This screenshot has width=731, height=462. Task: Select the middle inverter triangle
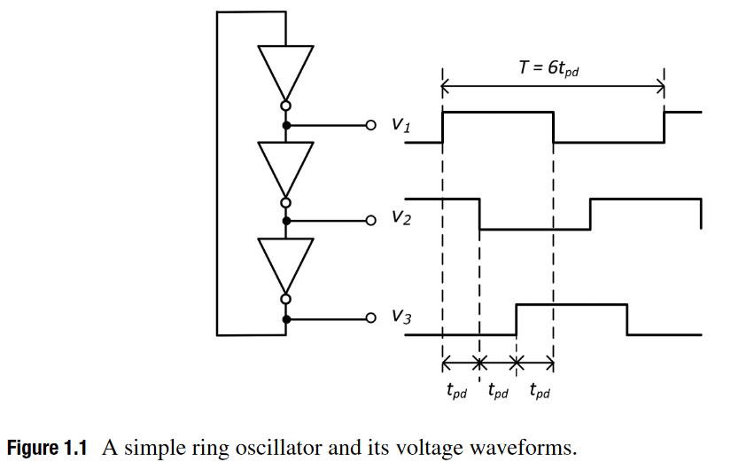[x=285, y=166]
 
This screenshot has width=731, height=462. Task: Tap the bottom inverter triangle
[x=285, y=262]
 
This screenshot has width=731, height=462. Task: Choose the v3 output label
[x=400, y=317]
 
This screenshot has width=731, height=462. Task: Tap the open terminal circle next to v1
[x=372, y=126]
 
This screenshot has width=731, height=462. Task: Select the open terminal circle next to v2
[x=372, y=221]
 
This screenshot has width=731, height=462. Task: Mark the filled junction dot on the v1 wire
[x=285, y=126]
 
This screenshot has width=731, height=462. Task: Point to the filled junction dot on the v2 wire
[x=285, y=221]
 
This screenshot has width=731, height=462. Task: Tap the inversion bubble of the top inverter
[x=285, y=106]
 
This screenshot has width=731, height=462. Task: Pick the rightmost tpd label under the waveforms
[x=539, y=391]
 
